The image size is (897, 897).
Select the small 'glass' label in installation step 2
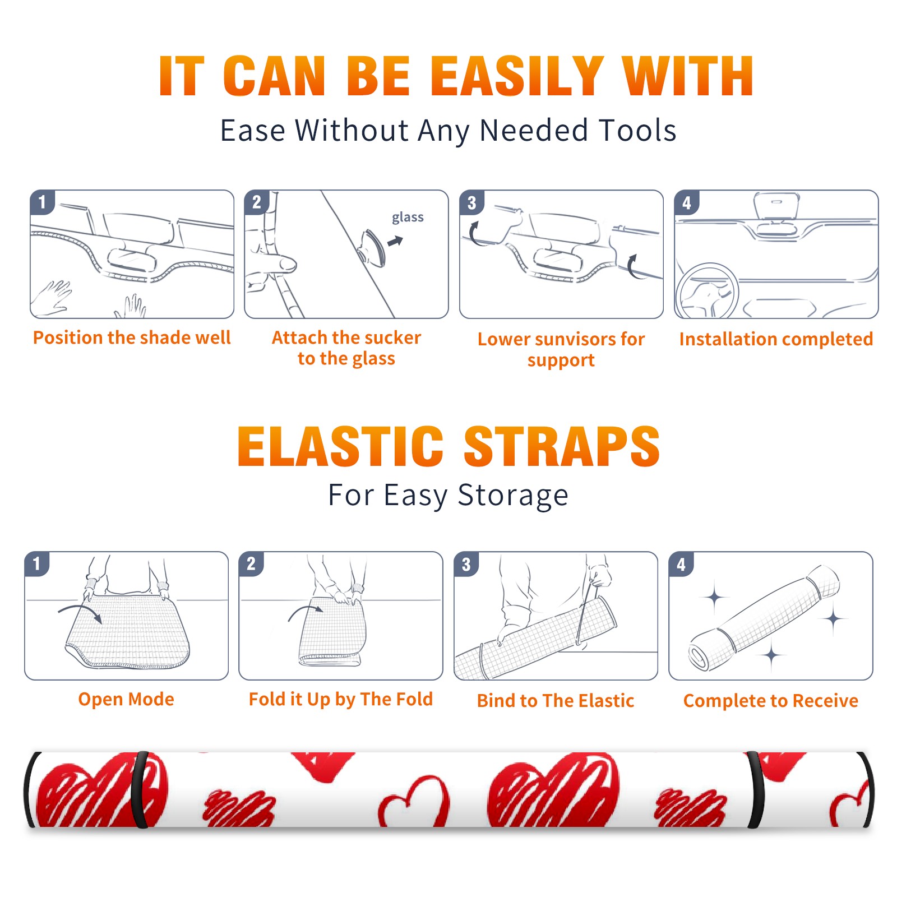[x=408, y=218]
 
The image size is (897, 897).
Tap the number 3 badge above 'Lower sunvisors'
[x=471, y=202]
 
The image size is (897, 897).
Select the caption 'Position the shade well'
[x=132, y=337]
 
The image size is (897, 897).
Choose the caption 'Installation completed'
[x=776, y=339]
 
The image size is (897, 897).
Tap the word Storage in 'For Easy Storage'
[x=513, y=496]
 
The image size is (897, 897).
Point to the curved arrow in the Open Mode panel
[x=80, y=609]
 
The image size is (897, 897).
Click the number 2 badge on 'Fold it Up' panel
[x=251, y=563]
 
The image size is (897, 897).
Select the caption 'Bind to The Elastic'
[x=556, y=701]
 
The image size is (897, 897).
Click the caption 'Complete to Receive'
[x=771, y=701]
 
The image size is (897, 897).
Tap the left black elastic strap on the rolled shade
[x=139, y=789]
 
